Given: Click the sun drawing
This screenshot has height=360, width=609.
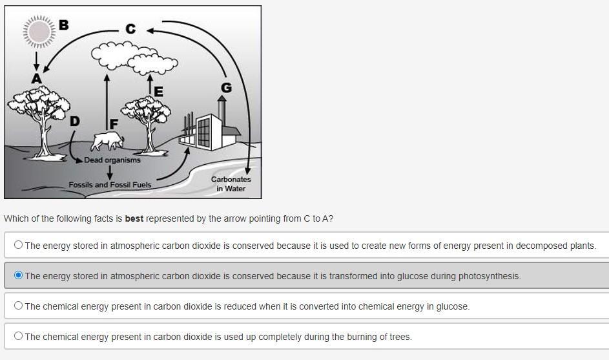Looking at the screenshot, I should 39,32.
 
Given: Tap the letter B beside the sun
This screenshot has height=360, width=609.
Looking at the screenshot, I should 63,25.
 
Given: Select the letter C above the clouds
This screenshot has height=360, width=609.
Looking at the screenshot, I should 130,28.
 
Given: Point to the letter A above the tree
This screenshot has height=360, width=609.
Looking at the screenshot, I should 36,78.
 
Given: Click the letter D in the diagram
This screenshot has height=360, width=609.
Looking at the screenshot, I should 75,121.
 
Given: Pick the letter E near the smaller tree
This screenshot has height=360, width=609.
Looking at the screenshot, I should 158,92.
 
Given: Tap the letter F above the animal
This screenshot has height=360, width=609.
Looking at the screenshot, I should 114,123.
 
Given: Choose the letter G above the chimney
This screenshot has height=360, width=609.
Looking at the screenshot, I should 226,87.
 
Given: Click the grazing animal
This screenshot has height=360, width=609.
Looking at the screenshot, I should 107,140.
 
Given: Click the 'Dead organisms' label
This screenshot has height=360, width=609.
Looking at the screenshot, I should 112,160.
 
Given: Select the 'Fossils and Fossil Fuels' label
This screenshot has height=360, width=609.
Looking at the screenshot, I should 110,185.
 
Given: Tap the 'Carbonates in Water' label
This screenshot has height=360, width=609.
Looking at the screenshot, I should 231,184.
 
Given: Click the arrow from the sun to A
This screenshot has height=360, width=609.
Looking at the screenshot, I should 36,60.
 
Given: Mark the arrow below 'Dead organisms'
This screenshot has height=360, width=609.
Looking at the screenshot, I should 110,172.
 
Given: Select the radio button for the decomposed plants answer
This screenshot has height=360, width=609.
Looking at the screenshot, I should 18,245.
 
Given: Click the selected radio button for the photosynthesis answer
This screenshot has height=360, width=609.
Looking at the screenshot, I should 18,275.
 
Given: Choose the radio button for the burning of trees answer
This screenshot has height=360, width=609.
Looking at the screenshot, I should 18,336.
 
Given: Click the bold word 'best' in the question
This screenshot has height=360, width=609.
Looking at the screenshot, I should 134,218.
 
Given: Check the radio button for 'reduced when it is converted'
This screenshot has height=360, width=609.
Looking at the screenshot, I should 18,306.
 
